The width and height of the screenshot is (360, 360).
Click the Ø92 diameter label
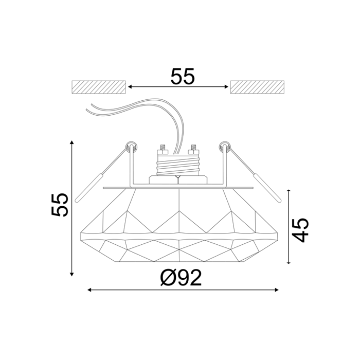[181, 278]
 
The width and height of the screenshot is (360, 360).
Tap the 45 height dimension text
[301, 230]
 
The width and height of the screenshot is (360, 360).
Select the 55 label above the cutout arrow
[183, 76]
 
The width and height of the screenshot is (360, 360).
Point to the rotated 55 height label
[60, 205]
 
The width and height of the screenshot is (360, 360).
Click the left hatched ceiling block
[99, 87]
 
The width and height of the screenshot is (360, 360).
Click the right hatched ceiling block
[257, 87]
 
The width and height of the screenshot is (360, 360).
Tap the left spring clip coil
[132, 147]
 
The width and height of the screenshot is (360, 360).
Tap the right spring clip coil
[225, 147]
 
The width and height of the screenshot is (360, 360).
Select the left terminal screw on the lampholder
[163, 150]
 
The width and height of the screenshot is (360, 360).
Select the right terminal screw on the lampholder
[193, 150]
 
